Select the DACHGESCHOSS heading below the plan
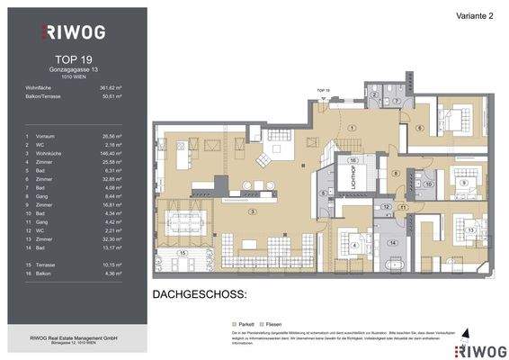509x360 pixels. pos(198,294)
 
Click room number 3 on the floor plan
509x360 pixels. pos(254,211)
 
